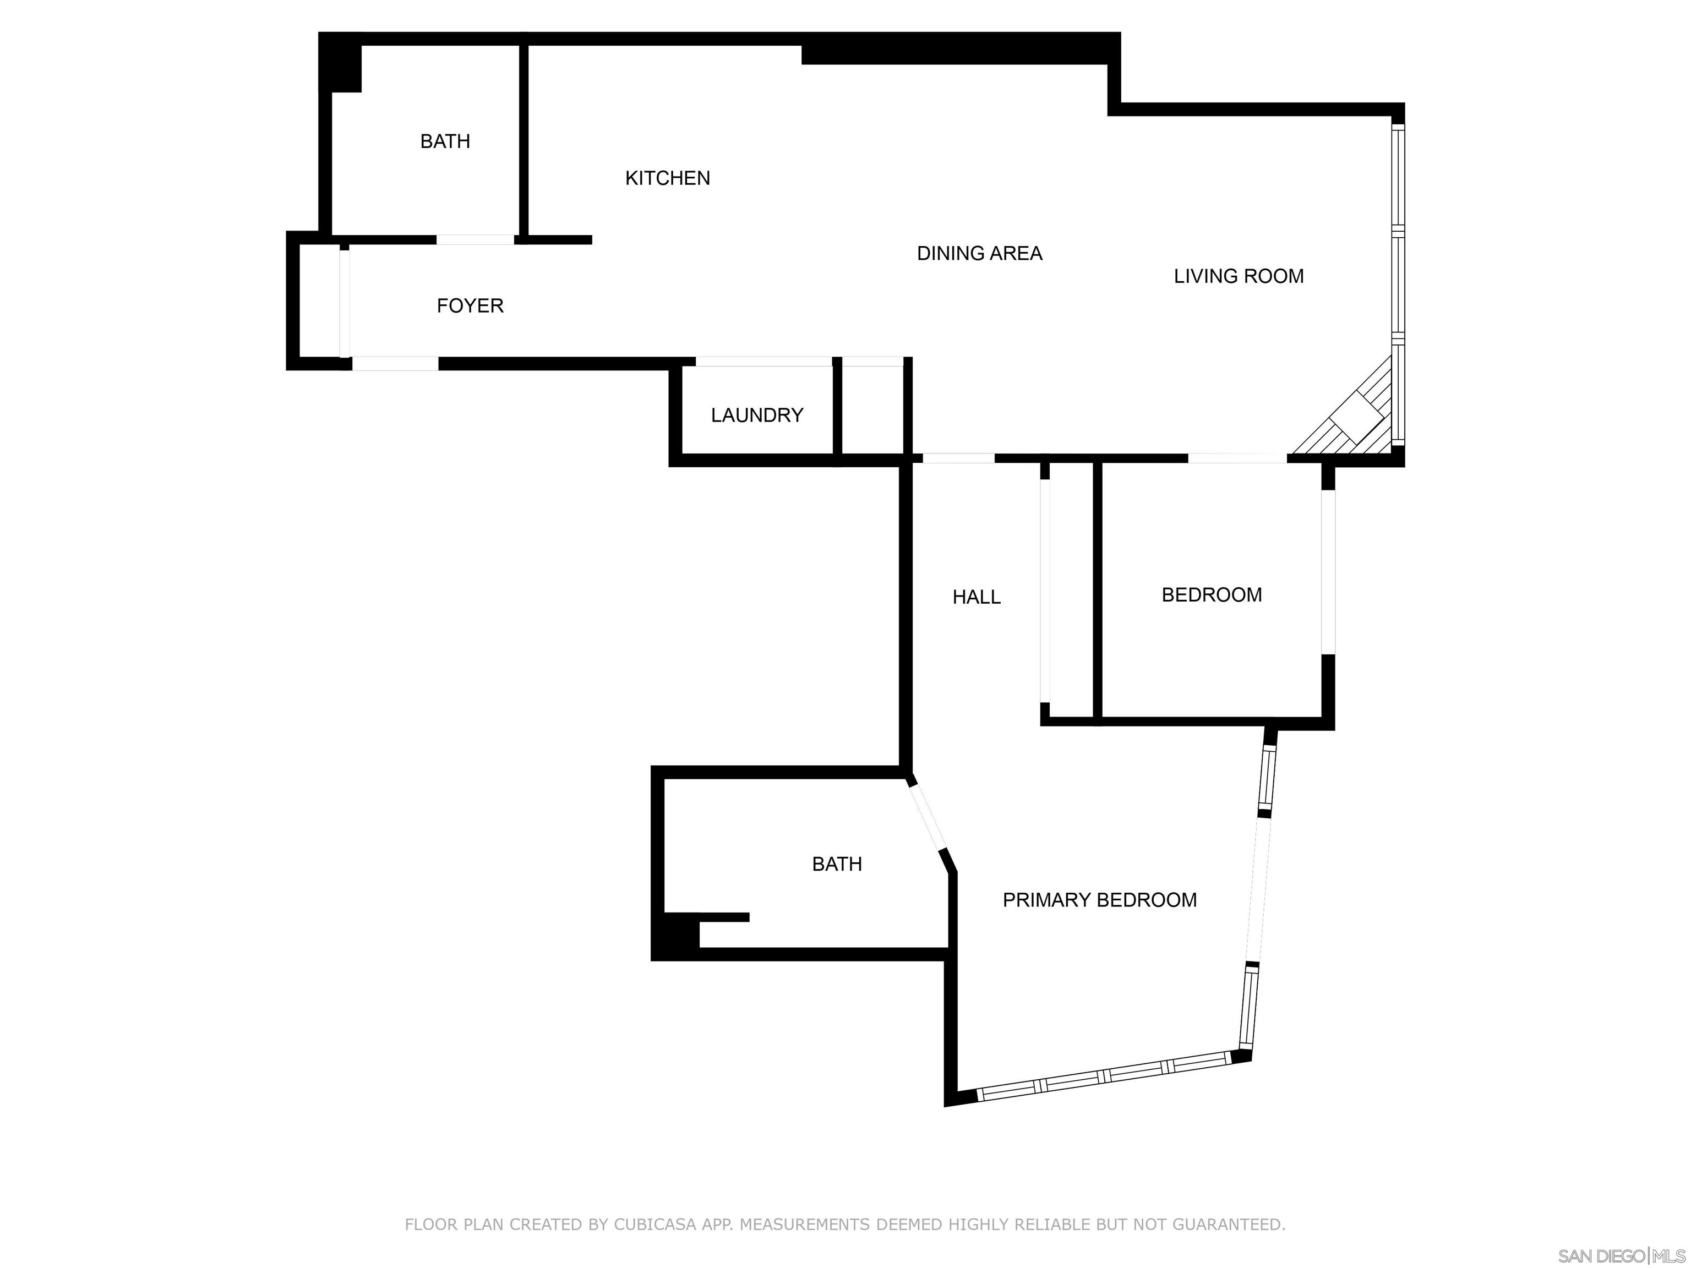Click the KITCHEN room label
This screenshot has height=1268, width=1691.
pos(667,178)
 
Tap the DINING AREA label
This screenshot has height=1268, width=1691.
pos(979,254)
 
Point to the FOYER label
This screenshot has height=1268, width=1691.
pos(470,306)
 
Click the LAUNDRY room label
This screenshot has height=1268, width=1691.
pos(757,415)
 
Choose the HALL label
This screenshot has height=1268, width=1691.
pos(976,597)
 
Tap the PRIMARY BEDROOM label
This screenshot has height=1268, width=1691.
pos(1099,900)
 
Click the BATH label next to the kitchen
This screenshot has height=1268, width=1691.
pos(445,141)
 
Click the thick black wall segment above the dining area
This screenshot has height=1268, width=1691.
pos(956,52)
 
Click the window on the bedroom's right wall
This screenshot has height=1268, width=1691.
pos(1329,572)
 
